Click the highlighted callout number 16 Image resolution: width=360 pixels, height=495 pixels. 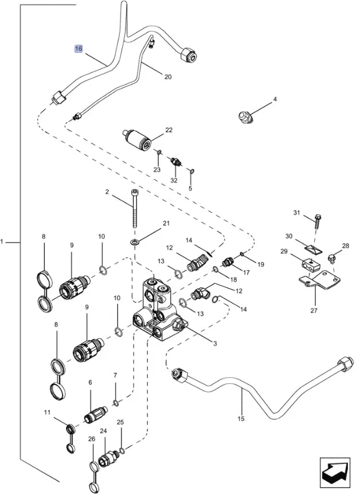pyautogui.click(x=79, y=49)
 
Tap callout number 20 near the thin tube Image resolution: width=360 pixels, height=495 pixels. pyautogui.click(x=168, y=77)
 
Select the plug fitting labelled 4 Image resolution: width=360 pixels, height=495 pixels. pyautogui.click(x=245, y=116)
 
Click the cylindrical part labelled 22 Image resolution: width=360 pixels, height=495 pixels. pyautogui.click(x=139, y=139)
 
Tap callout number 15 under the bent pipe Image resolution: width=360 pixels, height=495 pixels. pyautogui.click(x=241, y=419)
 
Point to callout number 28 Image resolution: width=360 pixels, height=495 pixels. pyautogui.click(x=346, y=246)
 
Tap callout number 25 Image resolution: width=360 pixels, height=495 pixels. pyautogui.click(x=120, y=422)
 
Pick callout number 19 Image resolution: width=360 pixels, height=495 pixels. pyautogui.click(x=260, y=264)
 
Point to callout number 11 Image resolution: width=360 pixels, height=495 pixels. pyautogui.click(x=48, y=412)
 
